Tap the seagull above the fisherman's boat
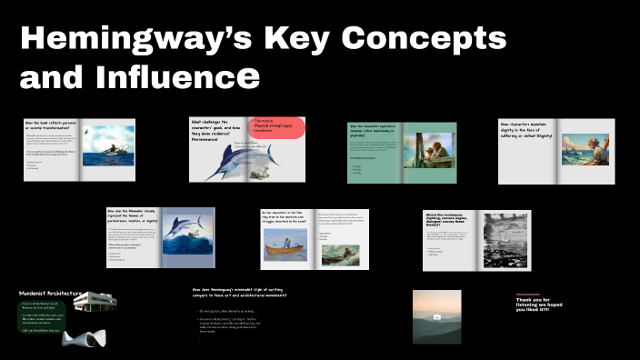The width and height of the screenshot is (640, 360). point(87,133)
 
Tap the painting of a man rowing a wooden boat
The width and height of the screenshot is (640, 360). point(341,255)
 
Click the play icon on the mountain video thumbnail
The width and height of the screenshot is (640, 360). point(437,317)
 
